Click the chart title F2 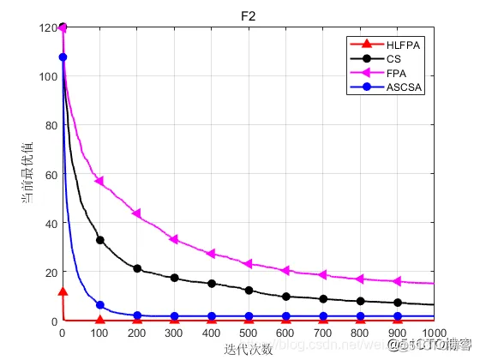[248, 15]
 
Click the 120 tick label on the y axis [47, 27]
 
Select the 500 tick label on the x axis [249, 333]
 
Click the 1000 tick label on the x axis [434, 333]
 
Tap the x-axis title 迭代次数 [248, 348]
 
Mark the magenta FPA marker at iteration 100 [99, 181]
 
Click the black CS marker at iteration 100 [100, 240]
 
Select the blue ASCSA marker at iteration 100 [100, 305]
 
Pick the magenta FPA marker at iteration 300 [174, 239]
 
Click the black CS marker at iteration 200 [137, 268]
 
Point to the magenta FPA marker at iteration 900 [397, 281]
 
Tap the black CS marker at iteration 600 [285, 297]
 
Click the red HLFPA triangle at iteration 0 [63, 291]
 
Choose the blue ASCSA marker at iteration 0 [63, 57]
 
